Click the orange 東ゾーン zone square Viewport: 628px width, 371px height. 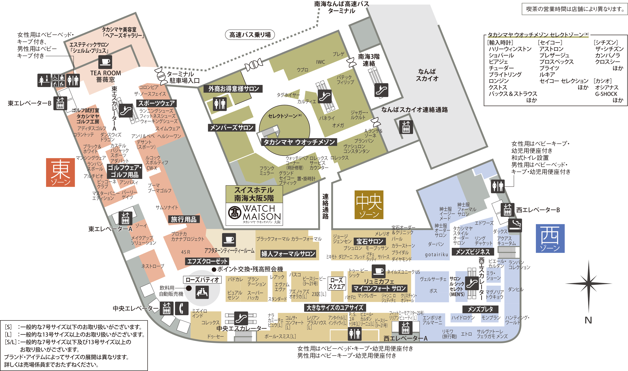[x=60, y=173]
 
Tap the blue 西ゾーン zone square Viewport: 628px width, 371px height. [x=550, y=238]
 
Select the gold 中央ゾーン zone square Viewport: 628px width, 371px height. [x=369, y=205]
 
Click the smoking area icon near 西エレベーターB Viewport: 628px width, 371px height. [x=515, y=225]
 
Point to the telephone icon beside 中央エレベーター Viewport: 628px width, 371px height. [x=182, y=308]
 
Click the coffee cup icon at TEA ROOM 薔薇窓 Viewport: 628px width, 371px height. [x=105, y=62]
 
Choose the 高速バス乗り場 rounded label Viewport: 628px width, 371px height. [x=250, y=35]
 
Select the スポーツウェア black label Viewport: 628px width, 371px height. [x=156, y=103]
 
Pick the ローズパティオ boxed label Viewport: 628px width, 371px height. [x=202, y=279]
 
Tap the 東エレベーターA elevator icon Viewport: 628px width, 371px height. [x=125, y=218]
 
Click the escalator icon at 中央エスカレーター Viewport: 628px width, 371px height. [x=241, y=318]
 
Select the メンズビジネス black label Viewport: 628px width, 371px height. [x=473, y=252]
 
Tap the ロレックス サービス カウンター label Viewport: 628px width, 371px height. [x=319, y=163]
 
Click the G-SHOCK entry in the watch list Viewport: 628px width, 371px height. [x=606, y=94]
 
